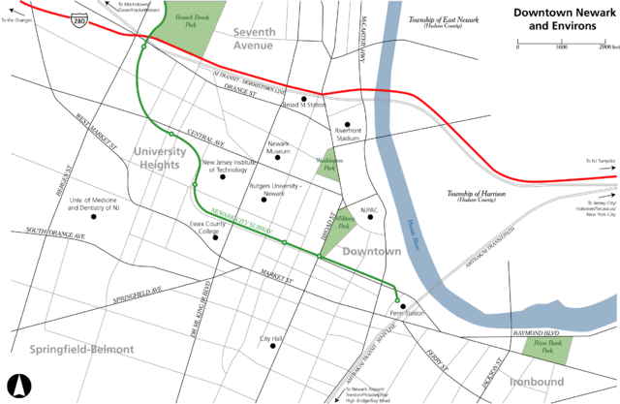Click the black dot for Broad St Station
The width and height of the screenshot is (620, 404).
click(x=303, y=98)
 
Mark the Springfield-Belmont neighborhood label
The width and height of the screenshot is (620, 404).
click(x=77, y=348)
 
